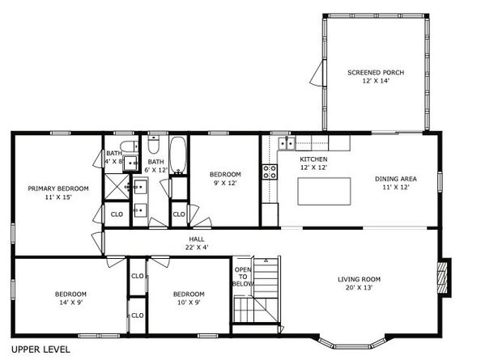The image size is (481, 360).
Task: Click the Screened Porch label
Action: pos(376,73)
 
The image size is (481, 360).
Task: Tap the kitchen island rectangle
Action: pos(324,191)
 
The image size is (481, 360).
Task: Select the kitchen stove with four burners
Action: pos(270,172)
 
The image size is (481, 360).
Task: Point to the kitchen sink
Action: pos(287,143)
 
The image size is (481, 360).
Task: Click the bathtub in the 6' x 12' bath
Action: pos(178,155)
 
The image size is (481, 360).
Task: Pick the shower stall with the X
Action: pos(117,187)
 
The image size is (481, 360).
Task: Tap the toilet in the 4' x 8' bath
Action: pos(129,146)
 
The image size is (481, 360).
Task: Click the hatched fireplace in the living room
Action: pos(442,277)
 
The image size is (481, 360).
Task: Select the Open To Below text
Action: pos(243,277)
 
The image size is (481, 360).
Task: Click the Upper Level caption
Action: pos(40,349)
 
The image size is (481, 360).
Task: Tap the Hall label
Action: pos(197,239)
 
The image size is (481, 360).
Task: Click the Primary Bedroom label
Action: pos(58,188)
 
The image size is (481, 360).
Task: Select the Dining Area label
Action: pos(396,179)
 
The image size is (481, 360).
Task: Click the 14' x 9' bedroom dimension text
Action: pos(71,303)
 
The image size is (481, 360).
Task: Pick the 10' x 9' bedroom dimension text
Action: pos(189,303)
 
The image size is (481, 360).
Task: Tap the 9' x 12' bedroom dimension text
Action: pos(225,183)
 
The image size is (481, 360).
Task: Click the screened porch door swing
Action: pos(317,73)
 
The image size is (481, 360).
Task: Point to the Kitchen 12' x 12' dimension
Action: pos(313,167)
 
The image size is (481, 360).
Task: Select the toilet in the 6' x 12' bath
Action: pos(153,144)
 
